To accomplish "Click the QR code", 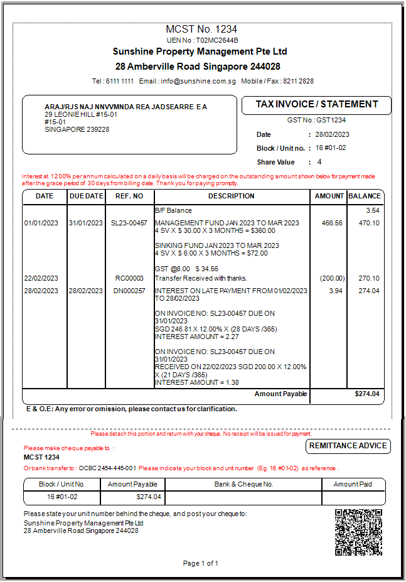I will point(358,532).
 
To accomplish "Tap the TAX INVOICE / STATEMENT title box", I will point(316,105).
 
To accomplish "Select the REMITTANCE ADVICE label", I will point(349,446).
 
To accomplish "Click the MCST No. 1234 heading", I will point(201,30).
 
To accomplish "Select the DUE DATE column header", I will point(86,196).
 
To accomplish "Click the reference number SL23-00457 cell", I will point(129,223).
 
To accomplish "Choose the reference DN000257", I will point(129,291).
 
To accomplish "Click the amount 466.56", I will point(332,223).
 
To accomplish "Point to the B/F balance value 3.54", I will point(373,210).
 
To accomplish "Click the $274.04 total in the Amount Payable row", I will point(367,394).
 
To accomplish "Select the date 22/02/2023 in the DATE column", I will point(41,278).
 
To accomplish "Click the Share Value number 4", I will point(319,162).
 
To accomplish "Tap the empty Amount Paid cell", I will point(353,497).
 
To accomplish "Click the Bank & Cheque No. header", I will point(243,484).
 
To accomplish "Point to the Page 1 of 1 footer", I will point(201,563).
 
